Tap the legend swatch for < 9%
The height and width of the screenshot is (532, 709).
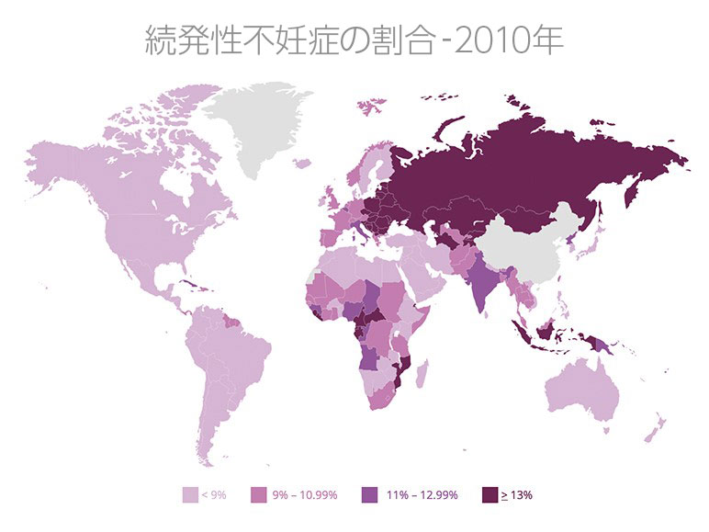pyautogui.click(x=191, y=494)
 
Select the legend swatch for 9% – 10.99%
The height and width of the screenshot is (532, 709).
pyautogui.click(x=259, y=494)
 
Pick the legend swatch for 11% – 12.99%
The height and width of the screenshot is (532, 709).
pyautogui.click(x=372, y=494)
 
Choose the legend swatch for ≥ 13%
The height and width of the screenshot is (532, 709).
pyautogui.click(x=490, y=494)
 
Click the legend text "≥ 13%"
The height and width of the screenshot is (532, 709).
pyautogui.click(x=518, y=494)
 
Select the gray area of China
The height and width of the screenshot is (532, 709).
pyautogui.click(x=528, y=248)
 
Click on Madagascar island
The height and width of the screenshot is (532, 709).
pyautogui.click(x=423, y=374)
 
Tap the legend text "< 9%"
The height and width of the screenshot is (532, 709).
pyautogui.click(x=215, y=494)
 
